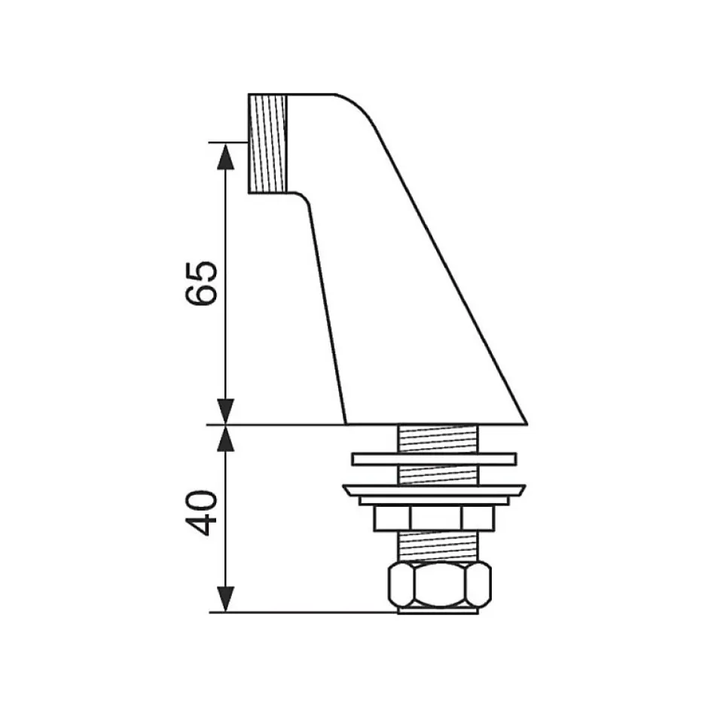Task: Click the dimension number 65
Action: tap(202, 283)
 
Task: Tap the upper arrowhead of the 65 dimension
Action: tap(225, 156)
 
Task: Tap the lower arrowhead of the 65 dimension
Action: tap(225, 411)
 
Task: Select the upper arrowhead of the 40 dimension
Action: tap(225, 438)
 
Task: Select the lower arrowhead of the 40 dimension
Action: tap(225, 600)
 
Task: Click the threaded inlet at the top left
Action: tap(267, 144)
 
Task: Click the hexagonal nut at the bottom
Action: tap(439, 584)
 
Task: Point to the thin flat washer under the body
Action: tap(434, 459)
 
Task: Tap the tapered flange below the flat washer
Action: tap(434, 491)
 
